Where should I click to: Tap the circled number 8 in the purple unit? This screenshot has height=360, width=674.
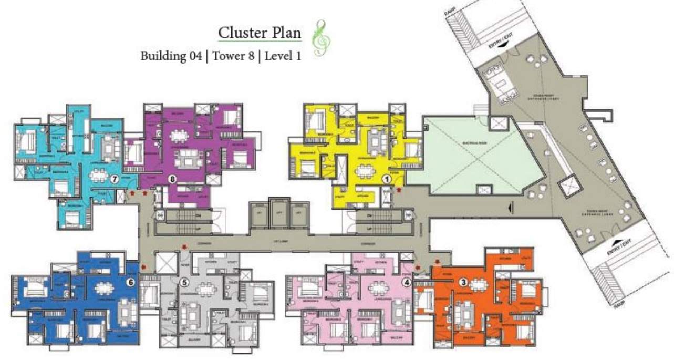pos(172,179)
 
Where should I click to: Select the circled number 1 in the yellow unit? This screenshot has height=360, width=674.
pos(387,179)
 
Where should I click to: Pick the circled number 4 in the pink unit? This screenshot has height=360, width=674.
pos(407,281)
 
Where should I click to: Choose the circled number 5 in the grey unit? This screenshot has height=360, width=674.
pos(184,282)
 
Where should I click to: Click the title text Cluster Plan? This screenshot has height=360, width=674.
pos(260,33)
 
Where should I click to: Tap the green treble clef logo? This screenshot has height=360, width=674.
pos(318,38)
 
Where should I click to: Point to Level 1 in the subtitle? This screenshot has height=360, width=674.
pos(283,56)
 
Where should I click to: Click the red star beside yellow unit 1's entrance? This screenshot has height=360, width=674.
pos(399,189)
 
